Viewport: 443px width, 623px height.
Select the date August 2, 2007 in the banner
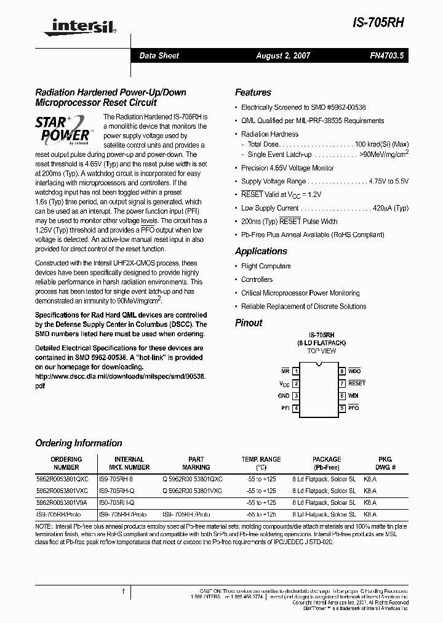coord(283,55)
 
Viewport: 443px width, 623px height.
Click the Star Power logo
coord(64,128)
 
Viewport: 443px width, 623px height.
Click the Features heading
coord(253,92)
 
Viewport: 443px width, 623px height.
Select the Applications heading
coord(261,251)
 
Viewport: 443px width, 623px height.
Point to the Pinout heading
coord(249,323)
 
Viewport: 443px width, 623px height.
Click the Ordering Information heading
coord(78,443)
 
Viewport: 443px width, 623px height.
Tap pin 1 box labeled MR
coord(296,371)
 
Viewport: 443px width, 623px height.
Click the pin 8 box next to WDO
coord(341,371)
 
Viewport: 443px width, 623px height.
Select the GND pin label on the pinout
coord(283,396)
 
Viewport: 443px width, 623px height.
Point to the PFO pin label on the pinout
coord(353,408)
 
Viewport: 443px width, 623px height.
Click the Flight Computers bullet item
coord(266,266)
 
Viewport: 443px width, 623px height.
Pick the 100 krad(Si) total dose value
coord(381,144)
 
